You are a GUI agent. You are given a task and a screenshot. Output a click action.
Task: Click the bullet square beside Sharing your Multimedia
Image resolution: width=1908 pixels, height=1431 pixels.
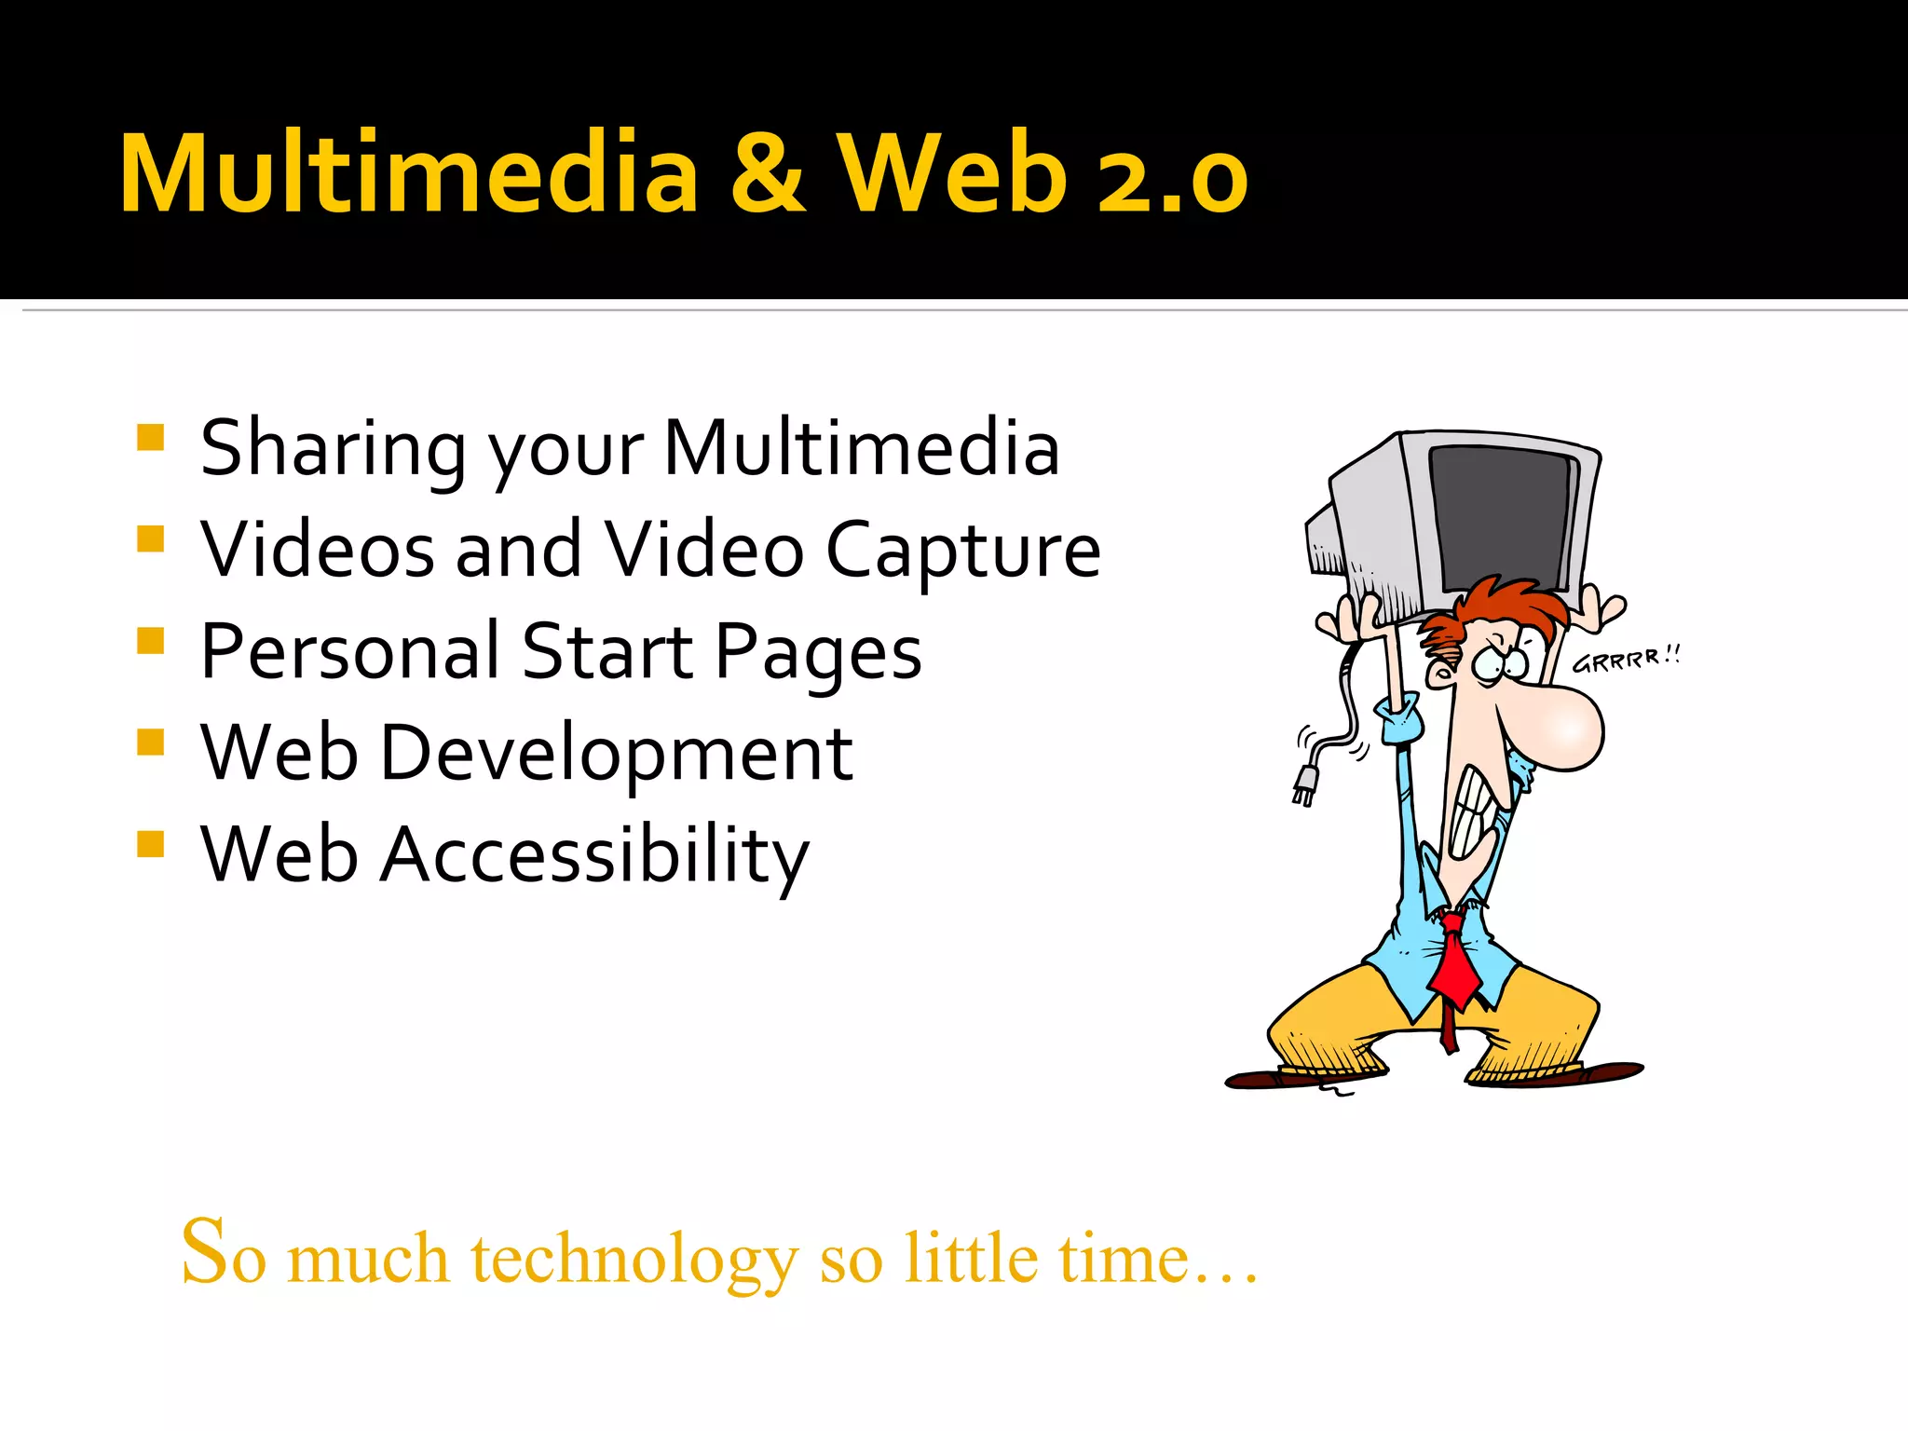point(150,437)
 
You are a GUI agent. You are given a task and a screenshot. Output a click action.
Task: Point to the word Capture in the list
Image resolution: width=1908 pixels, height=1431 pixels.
point(963,550)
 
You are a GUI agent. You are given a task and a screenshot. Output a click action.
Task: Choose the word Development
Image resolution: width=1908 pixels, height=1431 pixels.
point(616,753)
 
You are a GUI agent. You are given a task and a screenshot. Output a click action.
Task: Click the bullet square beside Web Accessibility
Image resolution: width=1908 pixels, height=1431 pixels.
point(150,843)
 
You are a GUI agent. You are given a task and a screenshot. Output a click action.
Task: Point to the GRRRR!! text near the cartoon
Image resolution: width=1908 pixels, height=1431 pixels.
point(1626,659)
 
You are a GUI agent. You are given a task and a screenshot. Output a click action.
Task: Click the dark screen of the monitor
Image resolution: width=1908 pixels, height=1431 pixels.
point(1501,517)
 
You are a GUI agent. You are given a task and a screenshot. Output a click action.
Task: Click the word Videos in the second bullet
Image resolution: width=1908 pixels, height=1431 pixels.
point(318,550)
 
